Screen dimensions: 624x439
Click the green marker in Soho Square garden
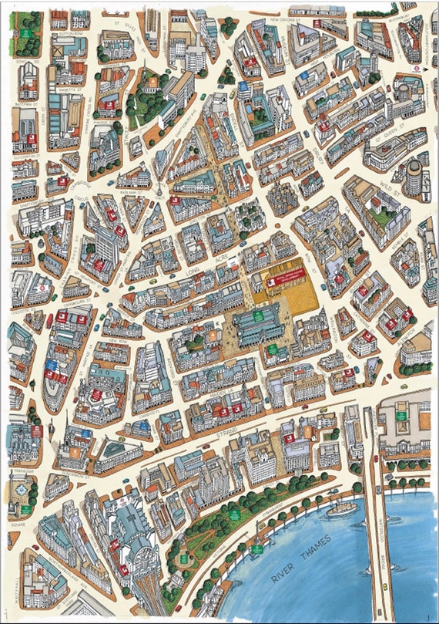pos(25,33)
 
